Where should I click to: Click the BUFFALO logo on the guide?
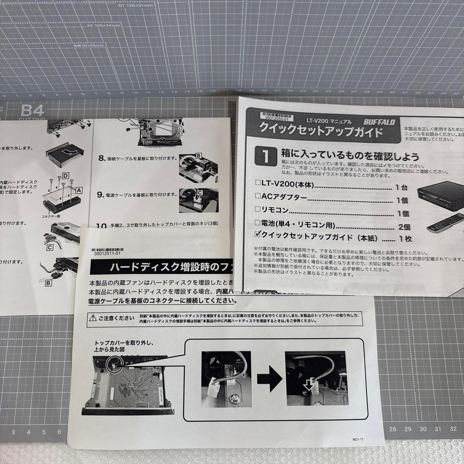click(x=379, y=122)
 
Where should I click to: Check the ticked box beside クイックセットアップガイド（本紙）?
click(x=258, y=235)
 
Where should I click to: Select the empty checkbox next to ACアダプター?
click(x=258, y=196)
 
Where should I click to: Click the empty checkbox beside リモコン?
click(x=258, y=210)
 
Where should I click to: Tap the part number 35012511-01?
click(x=107, y=254)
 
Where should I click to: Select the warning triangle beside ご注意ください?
click(x=92, y=318)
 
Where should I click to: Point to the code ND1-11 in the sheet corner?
click(x=358, y=439)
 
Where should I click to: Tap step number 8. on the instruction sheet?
click(x=102, y=158)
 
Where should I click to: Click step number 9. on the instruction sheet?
click(x=102, y=195)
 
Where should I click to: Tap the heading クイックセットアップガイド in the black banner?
click(x=320, y=131)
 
